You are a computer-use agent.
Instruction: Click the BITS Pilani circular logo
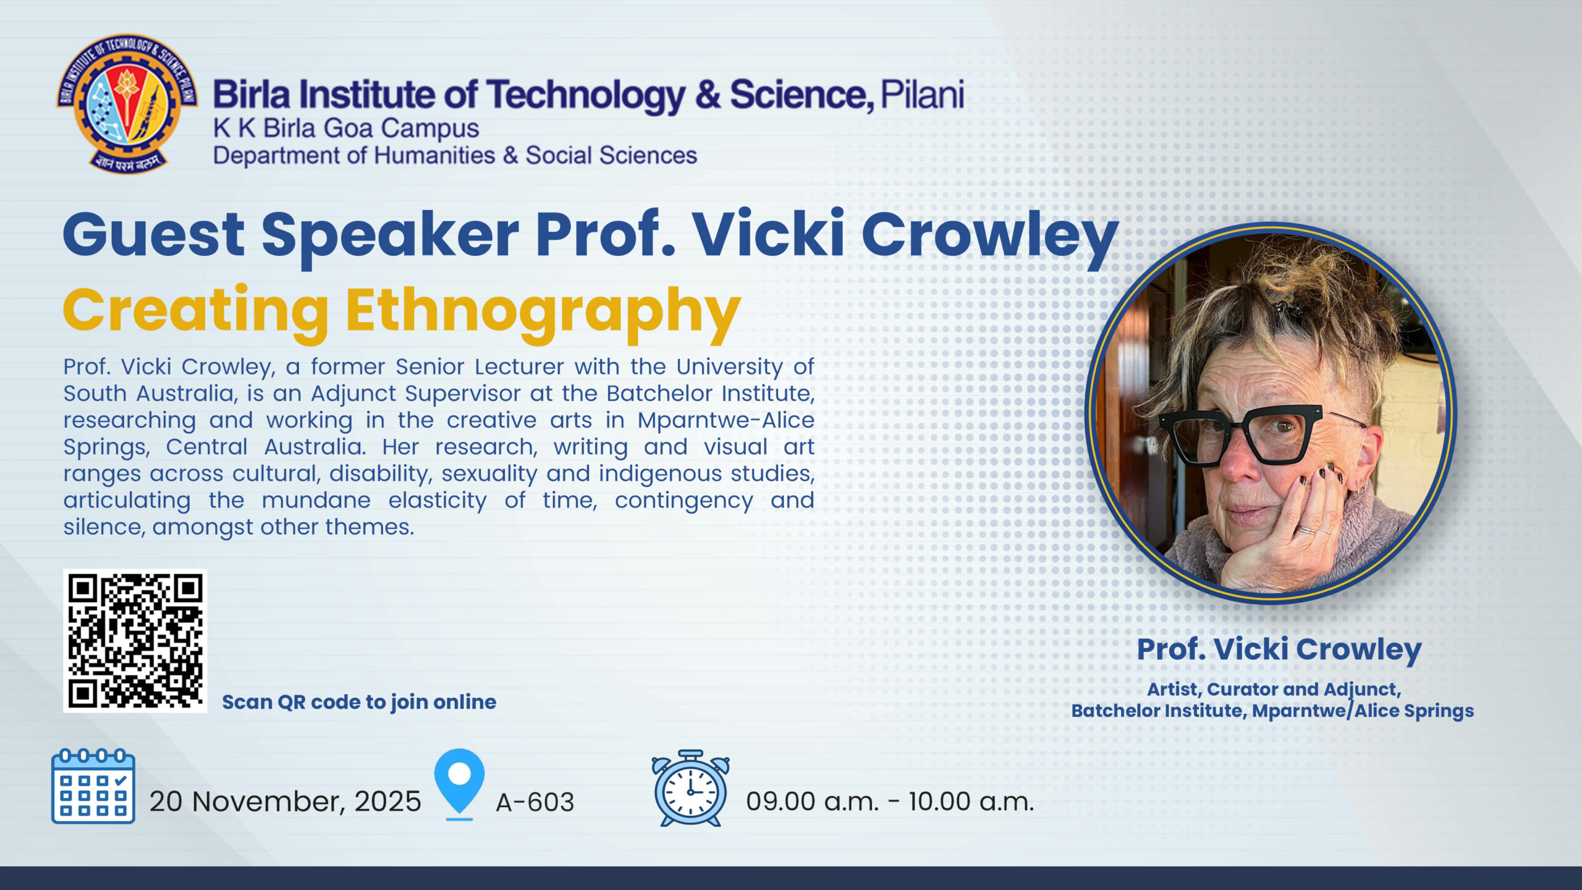(x=127, y=103)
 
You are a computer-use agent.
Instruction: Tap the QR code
(x=135, y=640)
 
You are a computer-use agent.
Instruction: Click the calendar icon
(x=93, y=786)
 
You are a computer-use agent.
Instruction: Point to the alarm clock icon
(x=690, y=788)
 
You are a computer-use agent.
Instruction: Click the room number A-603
(x=535, y=802)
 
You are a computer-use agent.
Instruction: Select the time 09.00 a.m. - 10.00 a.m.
(x=890, y=802)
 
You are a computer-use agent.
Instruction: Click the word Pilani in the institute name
(x=922, y=95)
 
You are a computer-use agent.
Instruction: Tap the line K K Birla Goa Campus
(x=346, y=129)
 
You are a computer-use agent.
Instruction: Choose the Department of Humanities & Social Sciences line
(x=455, y=156)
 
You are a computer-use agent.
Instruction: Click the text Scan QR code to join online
(x=359, y=703)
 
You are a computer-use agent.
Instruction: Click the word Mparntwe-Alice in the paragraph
(x=726, y=421)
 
